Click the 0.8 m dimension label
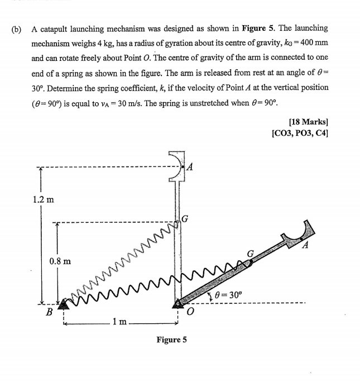[59, 261]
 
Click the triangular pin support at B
[64, 304]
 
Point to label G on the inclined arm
[251, 254]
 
